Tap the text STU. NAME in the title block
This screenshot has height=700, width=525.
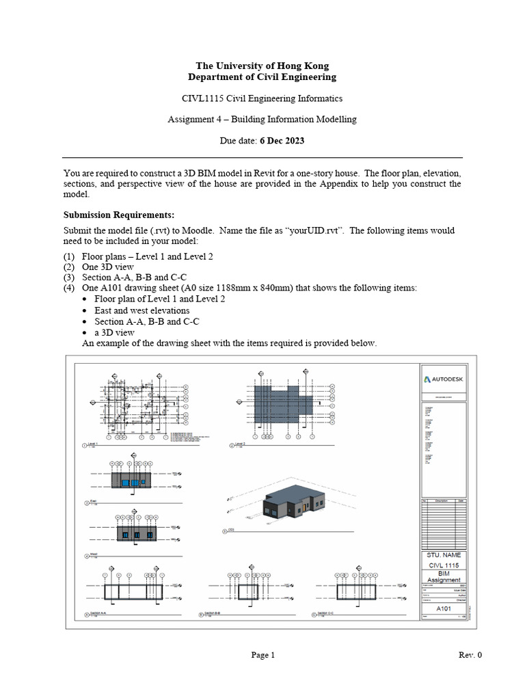pos(444,556)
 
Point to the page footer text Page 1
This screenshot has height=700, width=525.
pos(262,655)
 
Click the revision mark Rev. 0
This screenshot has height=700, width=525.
pos(470,655)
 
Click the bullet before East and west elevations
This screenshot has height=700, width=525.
pos(85,310)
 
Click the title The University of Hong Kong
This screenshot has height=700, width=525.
pos(262,66)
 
